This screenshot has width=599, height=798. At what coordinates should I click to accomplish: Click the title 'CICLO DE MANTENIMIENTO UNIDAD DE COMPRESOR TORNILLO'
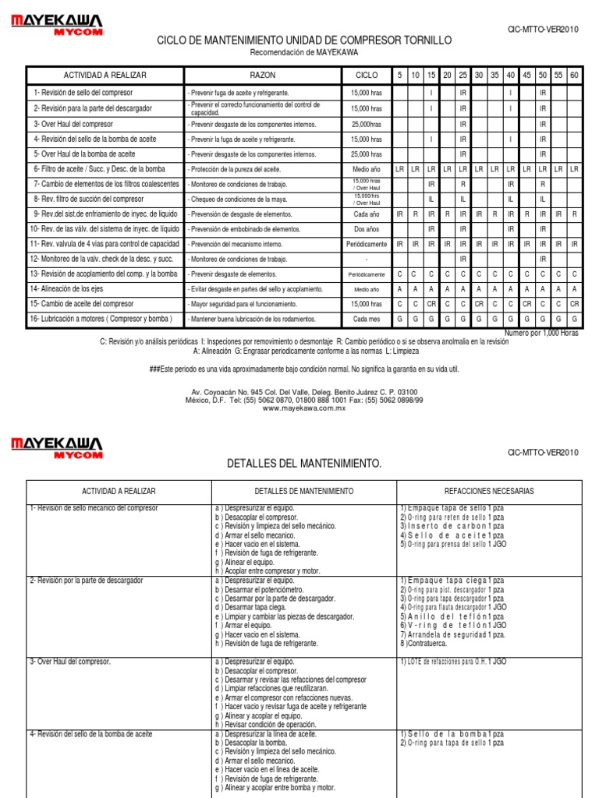(x=304, y=40)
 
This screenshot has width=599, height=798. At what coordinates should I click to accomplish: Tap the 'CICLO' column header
(x=366, y=75)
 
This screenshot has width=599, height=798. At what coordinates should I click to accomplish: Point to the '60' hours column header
(x=574, y=75)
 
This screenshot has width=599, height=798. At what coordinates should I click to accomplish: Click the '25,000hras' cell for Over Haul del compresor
(x=366, y=124)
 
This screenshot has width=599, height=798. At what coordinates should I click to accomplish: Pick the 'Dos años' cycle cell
(x=366, y=229)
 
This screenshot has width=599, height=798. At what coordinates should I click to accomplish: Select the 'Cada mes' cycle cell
(x=366, y=320)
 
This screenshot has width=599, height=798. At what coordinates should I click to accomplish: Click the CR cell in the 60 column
(x=574, y=304)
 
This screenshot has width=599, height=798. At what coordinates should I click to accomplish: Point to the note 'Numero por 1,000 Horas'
(x=541, y=333)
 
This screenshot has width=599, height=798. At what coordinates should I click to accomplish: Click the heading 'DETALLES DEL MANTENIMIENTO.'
(x=304, y=464)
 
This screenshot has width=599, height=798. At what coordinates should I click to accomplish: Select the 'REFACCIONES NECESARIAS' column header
(x=489, y=492)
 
